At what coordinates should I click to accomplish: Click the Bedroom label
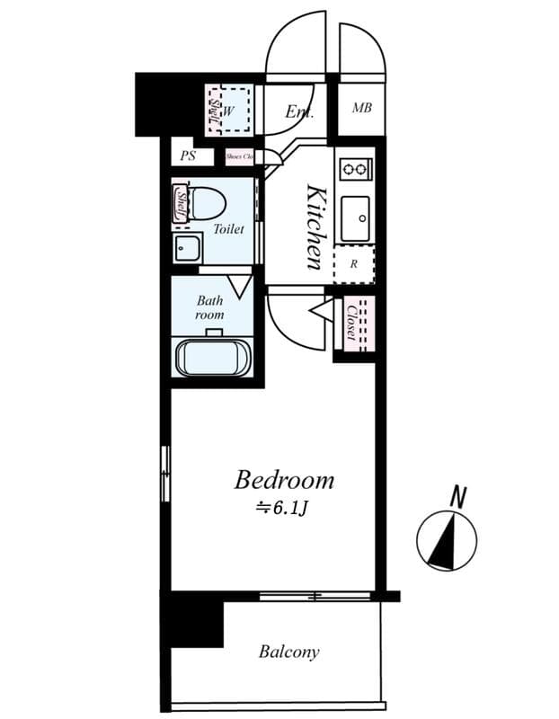tap(284, 480)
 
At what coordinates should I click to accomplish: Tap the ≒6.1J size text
tap(283, 508)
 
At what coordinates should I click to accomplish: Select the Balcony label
tap(288, 652)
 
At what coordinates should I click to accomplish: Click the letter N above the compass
tap(459, 495)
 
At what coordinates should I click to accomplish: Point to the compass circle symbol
tap(447, 541)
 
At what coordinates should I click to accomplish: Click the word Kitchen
tap(315, 226)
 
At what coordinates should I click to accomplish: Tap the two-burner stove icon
tap(355, 168)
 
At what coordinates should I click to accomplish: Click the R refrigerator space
tap(354, 264)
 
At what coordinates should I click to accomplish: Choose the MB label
tap(361, 109)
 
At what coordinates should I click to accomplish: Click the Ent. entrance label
tap(299, 112)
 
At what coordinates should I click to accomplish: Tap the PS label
tap(188, 155)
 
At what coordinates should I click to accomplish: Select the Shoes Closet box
tap(240, 155)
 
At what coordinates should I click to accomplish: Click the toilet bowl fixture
tap(208, 203)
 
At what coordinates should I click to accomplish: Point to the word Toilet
tap(228, 229)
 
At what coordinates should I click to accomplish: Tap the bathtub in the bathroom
tap(214, 357)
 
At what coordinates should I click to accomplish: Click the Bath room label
tap(209, 308)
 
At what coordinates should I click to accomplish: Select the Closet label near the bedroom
tap(351, 322)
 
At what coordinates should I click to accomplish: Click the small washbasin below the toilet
tap(187, 248)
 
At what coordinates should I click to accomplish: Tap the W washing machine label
tap(227, 111)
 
